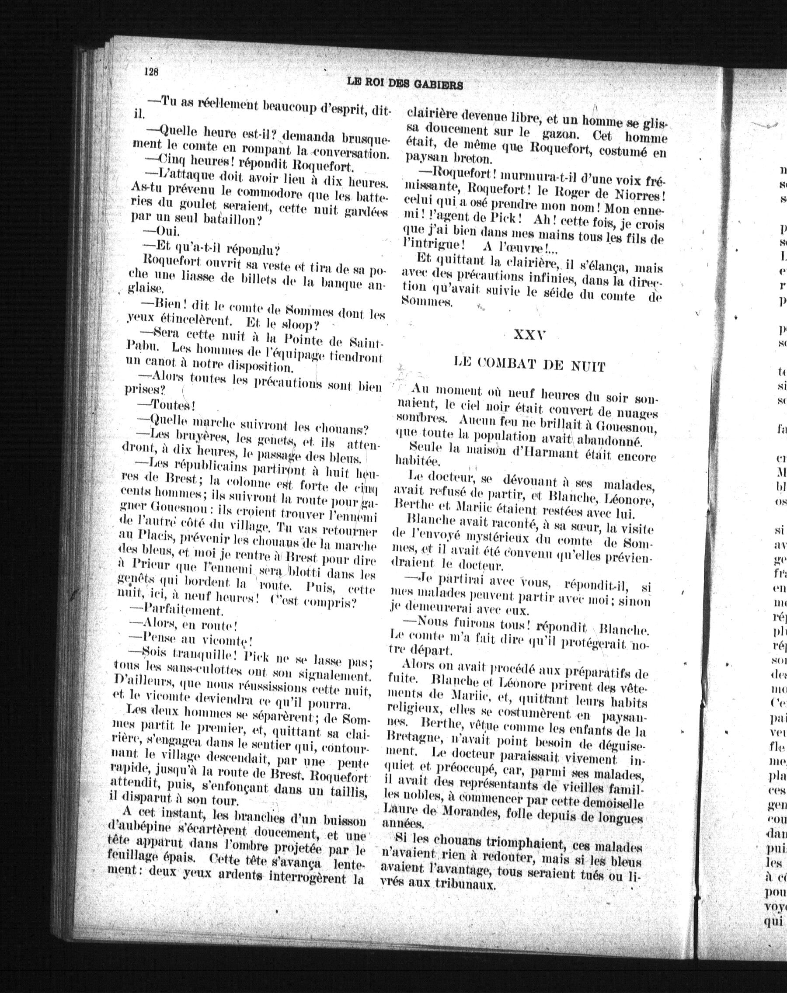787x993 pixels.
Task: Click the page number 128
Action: [151, 72]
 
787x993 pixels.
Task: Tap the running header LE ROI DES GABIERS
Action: [404, 83]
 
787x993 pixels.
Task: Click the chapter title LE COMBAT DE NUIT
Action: [529, 365]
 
